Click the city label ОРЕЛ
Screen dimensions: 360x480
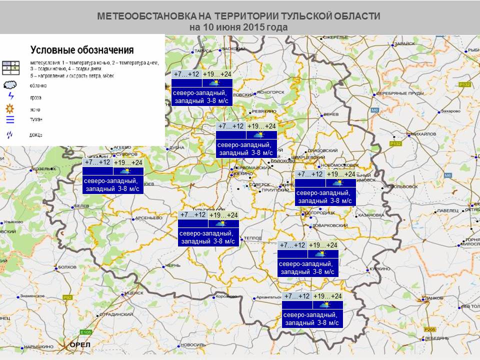[79, 345]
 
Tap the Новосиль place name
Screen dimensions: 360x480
[192, 345]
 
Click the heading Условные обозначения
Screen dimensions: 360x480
[81, 50]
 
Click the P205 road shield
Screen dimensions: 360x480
[429, 329]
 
